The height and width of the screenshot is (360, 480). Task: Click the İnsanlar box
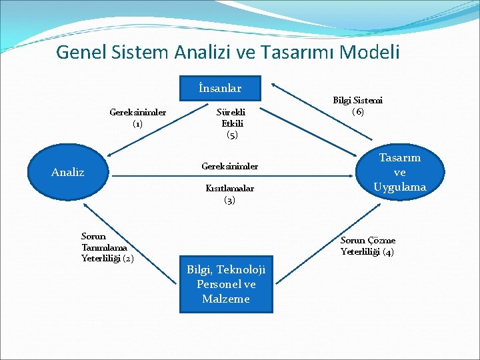coord(220,88)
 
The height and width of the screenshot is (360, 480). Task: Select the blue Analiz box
coord(68,173)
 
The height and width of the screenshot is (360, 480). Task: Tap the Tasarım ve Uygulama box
coord(399,173)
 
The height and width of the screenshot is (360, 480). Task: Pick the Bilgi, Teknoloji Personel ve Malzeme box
coord(226,284)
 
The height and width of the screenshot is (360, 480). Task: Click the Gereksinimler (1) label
coord(137,117)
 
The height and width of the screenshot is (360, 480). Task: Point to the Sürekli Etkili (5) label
coord(232,123)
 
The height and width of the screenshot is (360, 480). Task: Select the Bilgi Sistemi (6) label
coord(358,106)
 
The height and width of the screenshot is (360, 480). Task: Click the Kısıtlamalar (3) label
coord(229,194)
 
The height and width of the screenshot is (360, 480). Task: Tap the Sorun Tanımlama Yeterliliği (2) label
coord(107,247)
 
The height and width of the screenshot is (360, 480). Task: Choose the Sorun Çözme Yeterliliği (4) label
coord(368,246)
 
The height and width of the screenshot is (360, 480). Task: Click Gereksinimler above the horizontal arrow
coord(229,165)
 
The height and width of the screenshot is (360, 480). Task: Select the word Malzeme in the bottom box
coord(226,299)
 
